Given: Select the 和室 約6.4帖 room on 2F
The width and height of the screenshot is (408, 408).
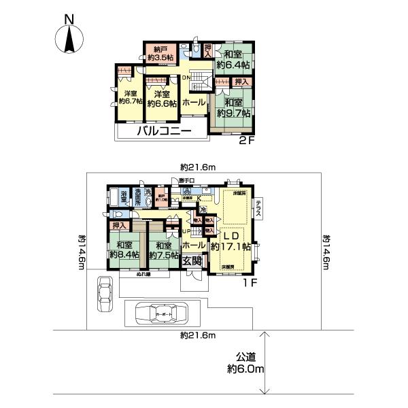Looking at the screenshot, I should (x=233, y=60).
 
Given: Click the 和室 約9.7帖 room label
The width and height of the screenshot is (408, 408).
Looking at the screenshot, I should (x=233, y=107).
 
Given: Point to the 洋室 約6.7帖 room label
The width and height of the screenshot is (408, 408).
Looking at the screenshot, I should (x=126, y=97).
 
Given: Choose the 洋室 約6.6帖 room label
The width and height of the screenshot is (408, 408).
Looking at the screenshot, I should (x=163, y=99).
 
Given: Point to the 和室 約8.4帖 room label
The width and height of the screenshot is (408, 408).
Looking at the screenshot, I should (x=124, y=250).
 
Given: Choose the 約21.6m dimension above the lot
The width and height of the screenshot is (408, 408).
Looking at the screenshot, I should (x=199, y=167).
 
